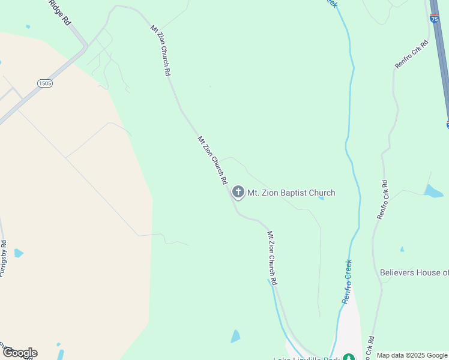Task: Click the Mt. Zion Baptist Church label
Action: (291, 193)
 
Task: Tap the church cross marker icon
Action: (238, 192)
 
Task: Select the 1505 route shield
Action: (45, 83)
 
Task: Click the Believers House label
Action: (414, 272)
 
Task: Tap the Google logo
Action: (20, 353)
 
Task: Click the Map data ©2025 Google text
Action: (412, 355)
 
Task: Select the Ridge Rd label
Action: (61, 12)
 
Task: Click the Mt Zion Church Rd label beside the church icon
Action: (212, 160)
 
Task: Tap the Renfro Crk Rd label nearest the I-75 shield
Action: (411, 54)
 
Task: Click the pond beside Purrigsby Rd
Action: (19, 253)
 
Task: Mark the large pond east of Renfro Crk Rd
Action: (432, 191)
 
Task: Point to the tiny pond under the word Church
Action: (322, 198)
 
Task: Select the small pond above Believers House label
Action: (402, 249)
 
